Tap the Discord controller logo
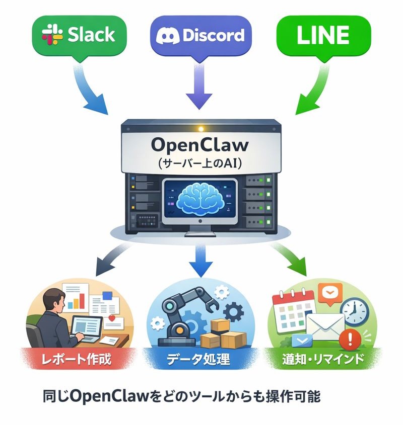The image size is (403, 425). [167, 36]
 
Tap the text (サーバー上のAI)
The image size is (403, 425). [200, 163]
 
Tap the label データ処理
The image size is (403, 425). [200, 359]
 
